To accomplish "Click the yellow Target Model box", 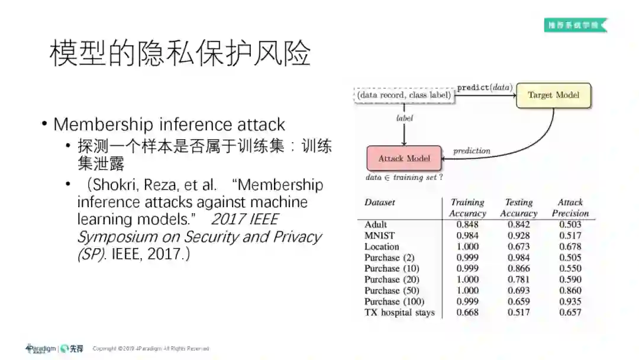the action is pyautogui.click(x=553, y=95).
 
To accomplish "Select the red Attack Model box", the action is pyautogui.click(x=404, y=158).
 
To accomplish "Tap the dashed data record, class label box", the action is pyautogui.click(x=405, y=95).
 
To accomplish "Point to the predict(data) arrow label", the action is pyautogui.click(x=485, y=88).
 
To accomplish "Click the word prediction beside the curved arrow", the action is pyautogui.click(x=472, y=151).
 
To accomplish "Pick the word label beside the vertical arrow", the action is pyautogui.click(x=405, y=118).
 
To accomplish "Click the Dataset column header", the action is pyautogui.click(x=379, y=202).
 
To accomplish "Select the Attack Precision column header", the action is pyautogui.click(x=570, y=208).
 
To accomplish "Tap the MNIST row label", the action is pyautogui.click(x=379, y=236).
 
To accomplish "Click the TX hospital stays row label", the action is pyautogui.click(x=399, y=312).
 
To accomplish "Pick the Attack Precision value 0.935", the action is pyautogui.click(x=570, y=301).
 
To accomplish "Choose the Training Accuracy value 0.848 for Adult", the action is pyautogui.click(x=467, y=224).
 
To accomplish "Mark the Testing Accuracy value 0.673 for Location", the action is pyautogui.click(x=518, y=246).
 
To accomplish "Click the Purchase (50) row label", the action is pyautogui.click(x=390, y=290).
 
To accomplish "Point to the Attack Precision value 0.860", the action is pyautogui.click(x=570, y=290).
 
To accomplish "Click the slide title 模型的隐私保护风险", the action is pyautogui.click(x=180, y=54).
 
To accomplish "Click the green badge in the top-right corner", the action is pyautogui.click(x=575, y=25).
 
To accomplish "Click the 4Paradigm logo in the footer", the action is pyautogui.click(x=40, y=349).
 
